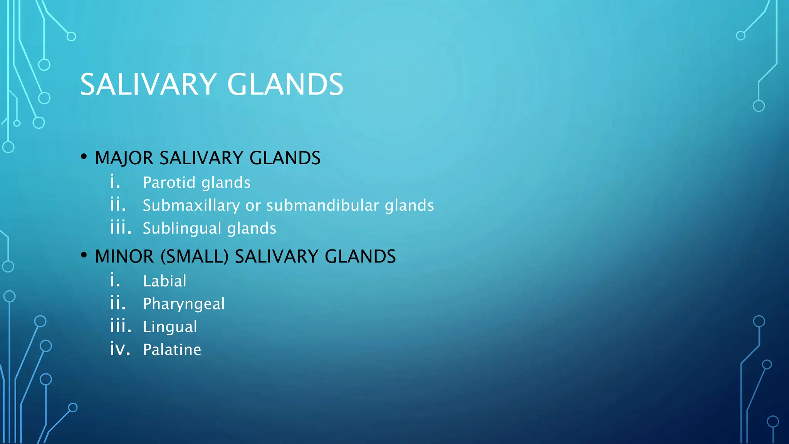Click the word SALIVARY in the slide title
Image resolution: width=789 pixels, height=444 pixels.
pos(148,84)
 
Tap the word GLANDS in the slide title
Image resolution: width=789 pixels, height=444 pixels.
pos(285,84)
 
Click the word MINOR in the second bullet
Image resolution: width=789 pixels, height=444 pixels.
pos(124,257)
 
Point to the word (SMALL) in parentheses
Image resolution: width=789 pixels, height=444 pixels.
pos(195,257)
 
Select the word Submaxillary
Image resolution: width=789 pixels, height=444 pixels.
pos(191,205)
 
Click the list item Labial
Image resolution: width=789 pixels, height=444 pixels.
pos(165,281)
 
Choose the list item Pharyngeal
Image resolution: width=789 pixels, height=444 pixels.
pos(184,304)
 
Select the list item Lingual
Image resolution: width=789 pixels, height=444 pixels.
pos(170,327)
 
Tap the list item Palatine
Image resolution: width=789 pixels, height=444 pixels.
pos(172,350)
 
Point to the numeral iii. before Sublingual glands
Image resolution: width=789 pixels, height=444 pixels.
pos(121,228)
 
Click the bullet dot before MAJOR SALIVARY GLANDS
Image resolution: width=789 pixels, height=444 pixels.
pos(84,157)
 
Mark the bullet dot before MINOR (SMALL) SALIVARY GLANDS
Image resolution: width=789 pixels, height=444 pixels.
pos(84,255)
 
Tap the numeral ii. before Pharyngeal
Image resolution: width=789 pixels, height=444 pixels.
pos(118,303)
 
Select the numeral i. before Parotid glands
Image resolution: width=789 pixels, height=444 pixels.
pos(115,182)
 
